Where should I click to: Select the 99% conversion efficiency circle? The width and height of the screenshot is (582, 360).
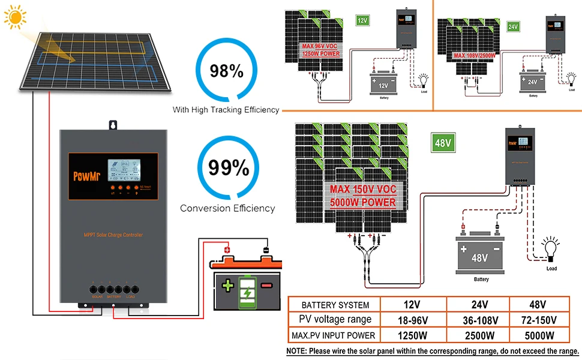pyautogui.click(x=229, y=168)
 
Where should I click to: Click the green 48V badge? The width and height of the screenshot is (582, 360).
pyautogui.click(x=443, y=144)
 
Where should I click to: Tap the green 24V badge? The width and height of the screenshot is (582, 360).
pyautogui.click(x=513, y=27)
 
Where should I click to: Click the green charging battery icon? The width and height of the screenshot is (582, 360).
pyautogui.click(x=247, y=287)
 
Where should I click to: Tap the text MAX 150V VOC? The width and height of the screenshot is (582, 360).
pyautogui.click(x=362, y=190)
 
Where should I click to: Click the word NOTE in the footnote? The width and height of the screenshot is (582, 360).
pyautogui.click(x=297, y=351)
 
